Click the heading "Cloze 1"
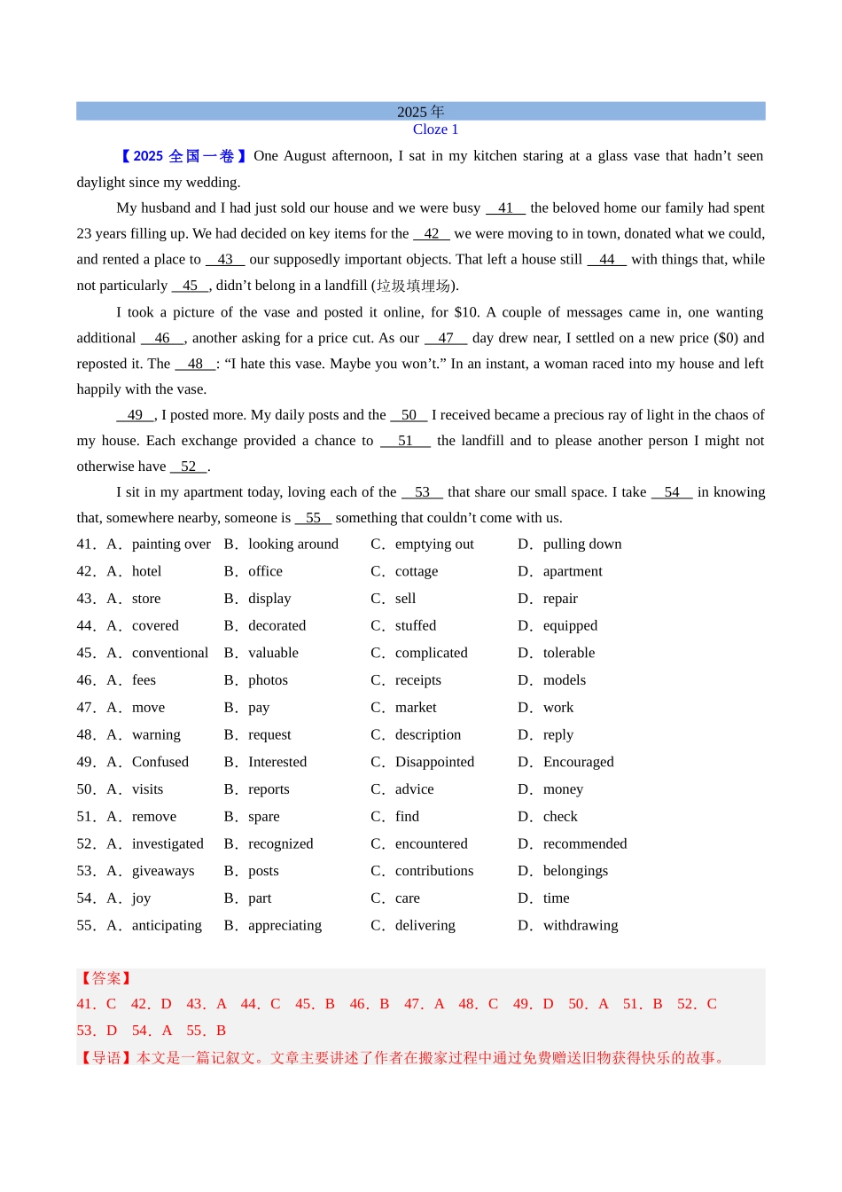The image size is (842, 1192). pos(435,129)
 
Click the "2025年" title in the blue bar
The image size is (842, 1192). pos(420,112)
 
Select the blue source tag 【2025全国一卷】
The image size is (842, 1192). pos(183,156)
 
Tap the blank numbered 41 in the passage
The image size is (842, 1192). pos(505,208)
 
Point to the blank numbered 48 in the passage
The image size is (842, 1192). pos(195,364)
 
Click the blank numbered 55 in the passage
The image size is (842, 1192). pos(313,518)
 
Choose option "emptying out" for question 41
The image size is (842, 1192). pos(433,545)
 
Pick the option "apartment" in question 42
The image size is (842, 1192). pos(572,572)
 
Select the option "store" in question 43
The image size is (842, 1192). pos(146,599)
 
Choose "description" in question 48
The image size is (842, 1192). pos(427,735)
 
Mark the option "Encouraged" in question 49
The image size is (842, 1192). pos(578,762)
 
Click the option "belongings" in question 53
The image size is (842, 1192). pos(575,871)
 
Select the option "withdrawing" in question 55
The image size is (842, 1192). pos(580,926)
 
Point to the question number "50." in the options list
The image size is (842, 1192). pos(86,789)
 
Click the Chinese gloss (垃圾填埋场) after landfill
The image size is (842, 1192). pos(414,286)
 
